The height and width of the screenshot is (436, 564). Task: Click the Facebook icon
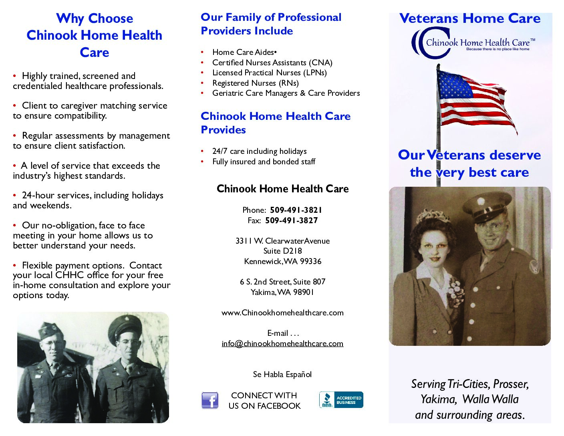pyautogui.click(x=210, y=400)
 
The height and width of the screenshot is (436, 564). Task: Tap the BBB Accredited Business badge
pyautogui.click(x=341, y=400)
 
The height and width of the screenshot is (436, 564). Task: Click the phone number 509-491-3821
pyautogui.click(x=296, y=210)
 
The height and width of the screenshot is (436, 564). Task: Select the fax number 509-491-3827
pyautogui.click(x=291, y=220)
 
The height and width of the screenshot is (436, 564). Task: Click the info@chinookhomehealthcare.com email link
pyautogui.click(x=282, y=343)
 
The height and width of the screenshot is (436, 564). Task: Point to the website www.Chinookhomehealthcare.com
pyautogui.click(x=282, y=313)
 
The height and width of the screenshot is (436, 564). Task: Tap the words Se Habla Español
pyautogui.click(x=282, y=374)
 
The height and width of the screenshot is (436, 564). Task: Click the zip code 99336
pyautogui.click(x=310, y=261)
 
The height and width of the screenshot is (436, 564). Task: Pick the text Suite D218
pyautogui.click(x=283, y=251)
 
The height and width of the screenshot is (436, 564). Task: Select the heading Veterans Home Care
pyautogui.click(x=470, y=18)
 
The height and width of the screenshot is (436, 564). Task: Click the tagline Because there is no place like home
pyautogui.click(x=498, y=49)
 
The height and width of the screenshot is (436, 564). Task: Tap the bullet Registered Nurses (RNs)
pyautogui.click(x=256, y=83)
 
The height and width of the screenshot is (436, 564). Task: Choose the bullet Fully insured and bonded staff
pyautogui.click(x=264, y=161)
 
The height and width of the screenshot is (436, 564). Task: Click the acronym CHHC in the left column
pyautogui.click(x=70, y=275)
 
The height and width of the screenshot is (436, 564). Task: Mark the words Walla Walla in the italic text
pyautogui.click(x=490, y=399)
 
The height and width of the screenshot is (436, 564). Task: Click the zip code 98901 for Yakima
pyautogui.click(x=303, y=293)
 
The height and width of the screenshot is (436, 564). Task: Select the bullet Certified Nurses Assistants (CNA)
pyautogui.click(x=272, y=63)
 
